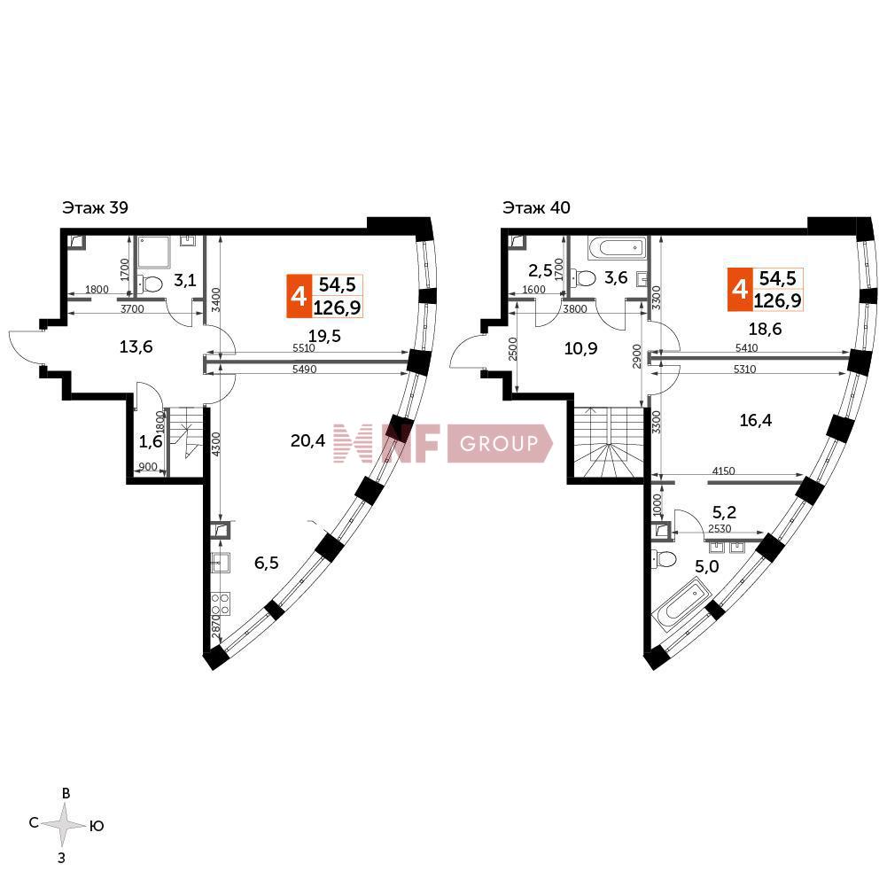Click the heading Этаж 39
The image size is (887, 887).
pyautogui.click(x=95, y=207)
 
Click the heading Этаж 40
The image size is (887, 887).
pyautogui.click(x=536, y=207)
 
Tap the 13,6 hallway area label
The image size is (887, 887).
pyautogui.click(x=136, y=346)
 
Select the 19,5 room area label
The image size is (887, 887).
pyautogui.click(x=324, y=336)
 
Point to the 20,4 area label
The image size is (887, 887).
pyautogui.click(x=307, y=440)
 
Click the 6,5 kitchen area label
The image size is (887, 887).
pyautogui.click(x=267, y=563)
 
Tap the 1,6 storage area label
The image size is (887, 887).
pyautogui.click(x=151, y=442)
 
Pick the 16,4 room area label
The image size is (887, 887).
pyautogui.click(x=756, y=420)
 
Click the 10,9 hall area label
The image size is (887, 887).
pyautogui.click(x=581, y=348)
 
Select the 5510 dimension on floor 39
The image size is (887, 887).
pyautogui.click(x=304, y=348)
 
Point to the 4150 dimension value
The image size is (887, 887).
pyautogui.click(x=724, y=471)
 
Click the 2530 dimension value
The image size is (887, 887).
pyautogui.click(x=720, y=529)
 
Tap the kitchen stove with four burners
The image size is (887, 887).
pyautogui.click(x=221, y=603)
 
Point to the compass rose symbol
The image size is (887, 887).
pyautogui.click(x=65, y=825)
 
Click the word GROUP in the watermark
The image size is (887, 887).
pyautogui.click(x=499, y=443)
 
